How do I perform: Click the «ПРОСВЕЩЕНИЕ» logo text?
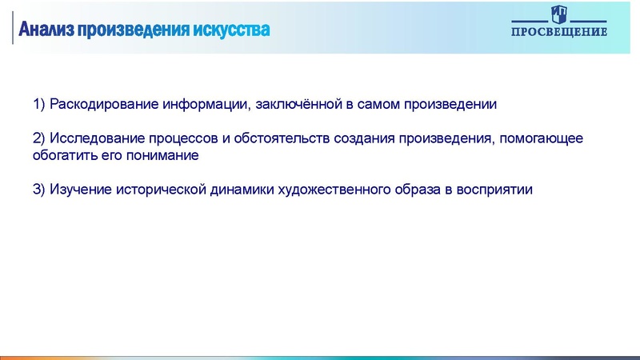click(x=559, y=32)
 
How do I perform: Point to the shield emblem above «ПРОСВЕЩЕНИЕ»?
click(x=559, y=14)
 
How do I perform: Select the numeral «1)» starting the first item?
click(x=39, y=104)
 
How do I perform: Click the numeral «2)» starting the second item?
click(x=39, y=138)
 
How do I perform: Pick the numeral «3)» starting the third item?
click(x=39, y=190)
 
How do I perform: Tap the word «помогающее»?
click(x=546, y=138)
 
